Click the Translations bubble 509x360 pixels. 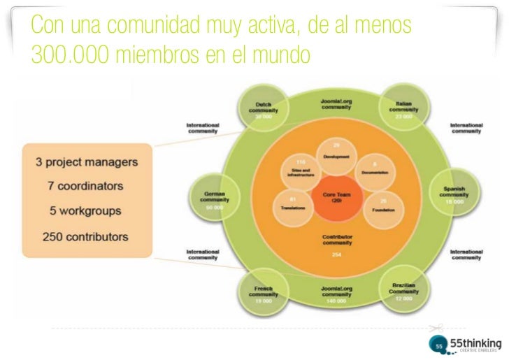pyautogui.click(x=293, y=205)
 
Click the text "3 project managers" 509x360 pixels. pyautogui.click(x=87, y=162)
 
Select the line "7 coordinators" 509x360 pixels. pyautogui.click(x=87, y=187)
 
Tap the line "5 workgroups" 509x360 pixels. pyautogui.click(x=87, y=210)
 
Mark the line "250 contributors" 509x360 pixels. pyautogui.click(x=87, y=236)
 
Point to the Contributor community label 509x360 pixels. pyautogui.click(x=336, y=240)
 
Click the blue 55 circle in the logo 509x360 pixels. pyautogui.click(x=439, y=345)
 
